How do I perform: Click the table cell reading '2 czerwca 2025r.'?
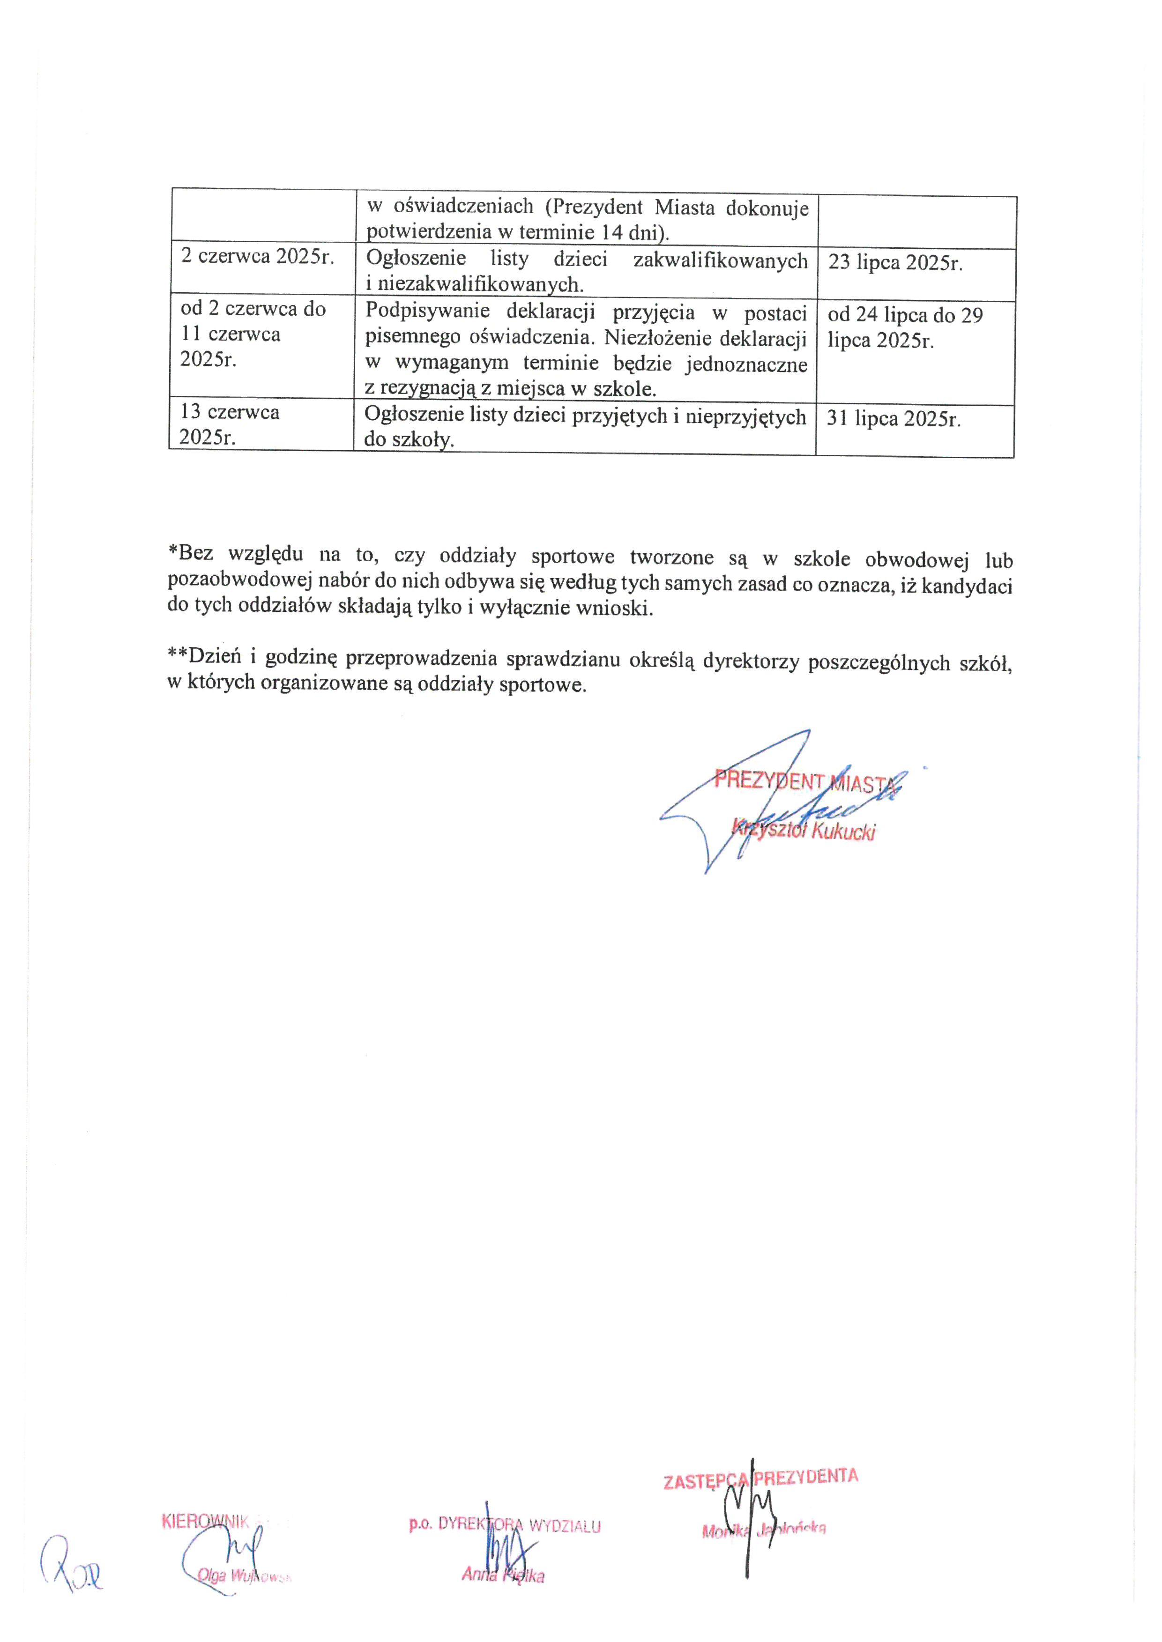click(x=258, y=257)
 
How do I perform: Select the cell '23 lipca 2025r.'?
click(x=895, y=262)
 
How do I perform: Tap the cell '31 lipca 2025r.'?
click(x=894, y=418)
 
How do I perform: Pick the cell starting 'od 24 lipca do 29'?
click(x=905, y=327)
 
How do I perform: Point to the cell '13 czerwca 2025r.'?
click(x=230, y=424)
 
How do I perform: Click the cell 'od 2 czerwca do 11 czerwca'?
click(x=253, y=334)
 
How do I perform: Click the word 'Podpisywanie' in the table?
click(x=427, y=312)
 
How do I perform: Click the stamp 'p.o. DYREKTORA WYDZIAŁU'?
click(x=505, y=1526)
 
